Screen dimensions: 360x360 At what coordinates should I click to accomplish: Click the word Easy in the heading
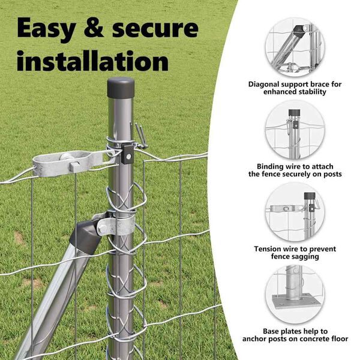pos(46,28)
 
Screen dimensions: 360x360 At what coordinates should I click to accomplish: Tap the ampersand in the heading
pos(94,28)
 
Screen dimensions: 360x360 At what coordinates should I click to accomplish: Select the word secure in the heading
pos(155,28)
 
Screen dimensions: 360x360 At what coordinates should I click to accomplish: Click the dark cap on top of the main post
pos(121,87)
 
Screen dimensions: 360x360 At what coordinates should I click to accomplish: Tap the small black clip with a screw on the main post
pos(127,154)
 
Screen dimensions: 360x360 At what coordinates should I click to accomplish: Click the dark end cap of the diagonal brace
pos(85,237)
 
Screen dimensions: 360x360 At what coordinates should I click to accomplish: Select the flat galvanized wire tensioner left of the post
pos(73,163)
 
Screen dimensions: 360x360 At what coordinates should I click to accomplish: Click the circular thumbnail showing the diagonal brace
pos(295,47)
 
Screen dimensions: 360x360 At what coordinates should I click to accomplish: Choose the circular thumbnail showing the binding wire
pos(295,130)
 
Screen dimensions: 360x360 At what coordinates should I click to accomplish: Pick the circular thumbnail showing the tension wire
pos(295,212)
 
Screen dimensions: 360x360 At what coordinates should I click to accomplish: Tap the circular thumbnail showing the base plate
pos(295,295)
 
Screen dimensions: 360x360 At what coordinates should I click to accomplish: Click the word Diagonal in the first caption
pos(263,85)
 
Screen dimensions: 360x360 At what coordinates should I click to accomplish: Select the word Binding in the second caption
pos(271,166)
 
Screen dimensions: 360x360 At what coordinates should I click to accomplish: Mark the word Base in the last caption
pos(271,331)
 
